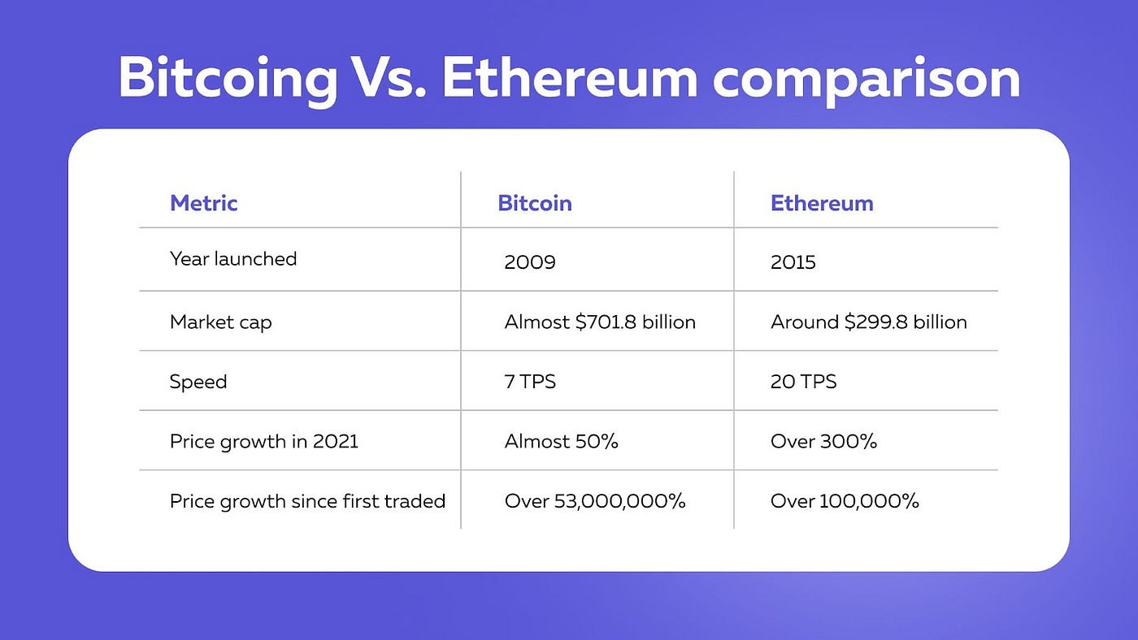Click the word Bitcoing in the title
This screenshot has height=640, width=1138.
coord(228,79)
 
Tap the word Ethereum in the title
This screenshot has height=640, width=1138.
coord(569,79)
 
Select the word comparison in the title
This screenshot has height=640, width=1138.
coord(866,79)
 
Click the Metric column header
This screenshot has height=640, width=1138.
coord(203,202)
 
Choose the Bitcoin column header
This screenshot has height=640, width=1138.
coord(534,202)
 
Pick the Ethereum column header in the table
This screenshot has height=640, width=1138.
coord(822,202)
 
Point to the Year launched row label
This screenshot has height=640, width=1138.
coord(233,259)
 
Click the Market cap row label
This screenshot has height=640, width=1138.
coord(220,322)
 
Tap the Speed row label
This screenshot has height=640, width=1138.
coord(198,382)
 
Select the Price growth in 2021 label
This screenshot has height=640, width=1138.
coord(263,442)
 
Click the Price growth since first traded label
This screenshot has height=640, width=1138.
coord(307,501)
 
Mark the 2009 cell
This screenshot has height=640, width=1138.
coord(529,262)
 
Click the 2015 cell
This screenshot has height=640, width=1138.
coord(793,262)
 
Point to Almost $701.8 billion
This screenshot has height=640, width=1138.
coord(600,322)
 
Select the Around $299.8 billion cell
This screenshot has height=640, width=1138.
coord(868,322)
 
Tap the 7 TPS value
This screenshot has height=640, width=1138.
coord(529,382)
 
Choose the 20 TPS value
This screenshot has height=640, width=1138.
coord(803,382)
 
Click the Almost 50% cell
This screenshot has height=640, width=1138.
coord(561,442)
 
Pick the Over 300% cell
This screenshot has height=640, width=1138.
coord(823,442)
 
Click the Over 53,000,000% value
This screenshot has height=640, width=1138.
coord(594,501)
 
